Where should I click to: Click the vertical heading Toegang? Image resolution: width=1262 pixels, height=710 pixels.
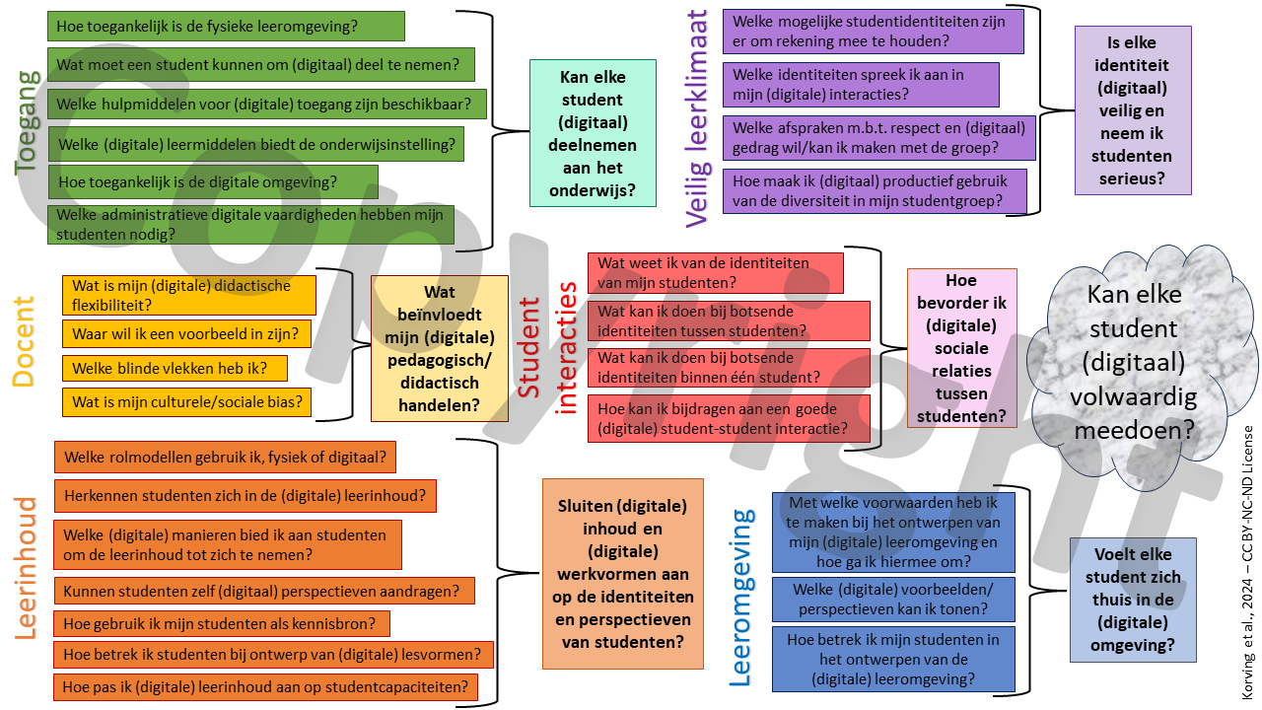[x=27, y=123]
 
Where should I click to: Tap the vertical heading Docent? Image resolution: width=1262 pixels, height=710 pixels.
[x=25, y=342]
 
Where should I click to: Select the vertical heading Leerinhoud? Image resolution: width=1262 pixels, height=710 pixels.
[x=27, y=568]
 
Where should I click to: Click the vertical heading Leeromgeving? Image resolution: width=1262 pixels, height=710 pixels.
[x=741, y=598]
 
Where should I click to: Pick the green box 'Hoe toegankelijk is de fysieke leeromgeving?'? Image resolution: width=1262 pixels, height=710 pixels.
[x=226, y=27]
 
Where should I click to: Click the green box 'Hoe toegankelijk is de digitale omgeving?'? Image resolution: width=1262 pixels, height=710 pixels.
[x=213, y=181]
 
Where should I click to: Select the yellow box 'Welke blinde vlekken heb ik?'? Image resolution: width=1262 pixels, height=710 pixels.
[x=175, y=368]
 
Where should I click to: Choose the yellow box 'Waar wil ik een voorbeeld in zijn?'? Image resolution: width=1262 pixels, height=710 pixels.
[x=186, y=333]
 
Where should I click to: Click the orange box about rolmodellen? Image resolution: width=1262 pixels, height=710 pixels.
[x=225, y=458]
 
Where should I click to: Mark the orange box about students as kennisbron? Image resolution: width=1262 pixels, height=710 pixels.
[x=222, y=623]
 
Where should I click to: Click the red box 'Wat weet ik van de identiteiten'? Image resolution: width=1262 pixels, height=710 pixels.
[x=715, y=273]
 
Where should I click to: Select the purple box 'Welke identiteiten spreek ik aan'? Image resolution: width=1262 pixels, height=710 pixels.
[x=861, y=84]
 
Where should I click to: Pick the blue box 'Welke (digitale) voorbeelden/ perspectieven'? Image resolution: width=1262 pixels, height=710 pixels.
[x=893, y=600]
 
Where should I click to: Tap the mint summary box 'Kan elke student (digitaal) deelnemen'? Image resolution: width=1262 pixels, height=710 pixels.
[x=593, y=133]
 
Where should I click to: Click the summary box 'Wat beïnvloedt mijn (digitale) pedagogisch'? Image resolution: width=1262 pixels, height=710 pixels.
[x=439, y=348]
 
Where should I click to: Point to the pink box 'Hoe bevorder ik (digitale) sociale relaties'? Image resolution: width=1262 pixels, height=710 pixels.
[x=961, y=348]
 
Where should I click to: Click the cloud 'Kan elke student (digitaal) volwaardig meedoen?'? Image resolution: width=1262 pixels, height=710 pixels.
[x=1140, y=362]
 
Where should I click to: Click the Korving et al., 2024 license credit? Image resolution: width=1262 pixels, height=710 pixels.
[x=1247, y=562]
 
